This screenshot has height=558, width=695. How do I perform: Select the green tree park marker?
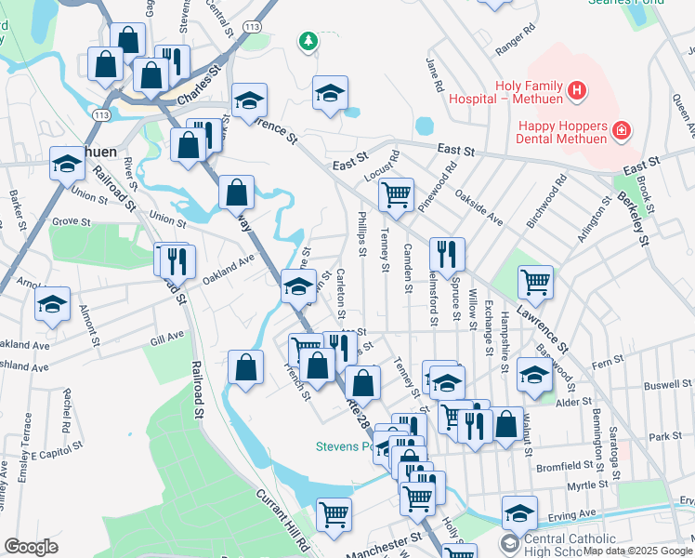tap(308, 41)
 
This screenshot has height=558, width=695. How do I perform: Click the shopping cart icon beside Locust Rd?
tap(397, 194)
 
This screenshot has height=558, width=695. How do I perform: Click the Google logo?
tap(31, 547)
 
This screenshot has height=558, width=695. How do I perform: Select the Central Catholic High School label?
tap(570, 545)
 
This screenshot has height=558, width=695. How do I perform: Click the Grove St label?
tap(71, 222)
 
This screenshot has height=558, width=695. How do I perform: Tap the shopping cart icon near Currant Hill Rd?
tap(334, 512)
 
